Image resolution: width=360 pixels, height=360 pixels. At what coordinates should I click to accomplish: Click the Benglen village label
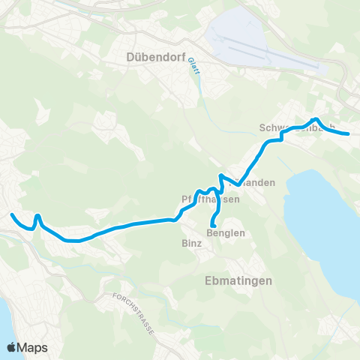point(225,233)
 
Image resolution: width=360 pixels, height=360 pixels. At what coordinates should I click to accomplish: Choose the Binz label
point(191,244)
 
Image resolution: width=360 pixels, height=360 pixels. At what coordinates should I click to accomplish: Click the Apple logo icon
point(12,347)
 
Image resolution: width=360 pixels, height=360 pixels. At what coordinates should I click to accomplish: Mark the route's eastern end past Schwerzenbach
point(349,133)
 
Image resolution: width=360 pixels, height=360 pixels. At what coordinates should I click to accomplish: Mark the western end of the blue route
point(12,215)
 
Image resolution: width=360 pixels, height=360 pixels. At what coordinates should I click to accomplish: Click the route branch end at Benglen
point(213,225)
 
